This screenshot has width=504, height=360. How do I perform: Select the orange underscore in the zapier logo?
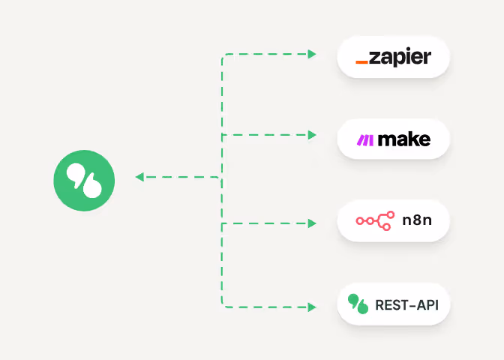[x=361, y=62]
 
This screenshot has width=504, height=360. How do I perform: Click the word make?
[x=404, y=139]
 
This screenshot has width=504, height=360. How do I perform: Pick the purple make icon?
[x=364, y=139]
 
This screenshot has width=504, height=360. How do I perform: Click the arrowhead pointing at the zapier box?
[x=313, y=54]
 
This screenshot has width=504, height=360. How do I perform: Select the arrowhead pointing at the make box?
[x=313, y=135]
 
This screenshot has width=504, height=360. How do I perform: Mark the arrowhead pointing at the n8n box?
[x=313, y=223]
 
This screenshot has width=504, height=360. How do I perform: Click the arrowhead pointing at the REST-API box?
[x=313, y=307]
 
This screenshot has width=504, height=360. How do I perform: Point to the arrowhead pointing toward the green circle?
[x=139, y=178]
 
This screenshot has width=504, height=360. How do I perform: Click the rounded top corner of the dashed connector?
[x=223, y=56]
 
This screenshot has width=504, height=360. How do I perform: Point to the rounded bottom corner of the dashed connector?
[x=223, y=304]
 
